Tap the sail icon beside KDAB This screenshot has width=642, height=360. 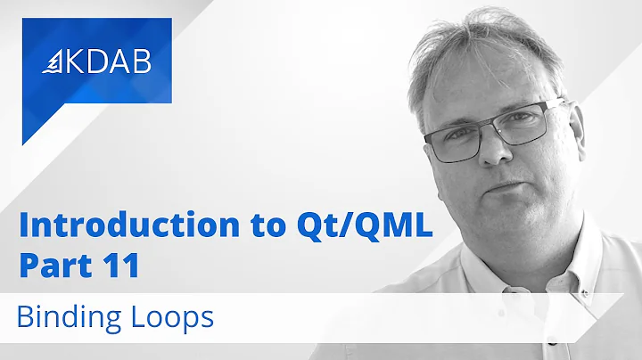[x=55, y=63]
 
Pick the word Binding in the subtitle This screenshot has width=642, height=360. [x=74, y=315]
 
